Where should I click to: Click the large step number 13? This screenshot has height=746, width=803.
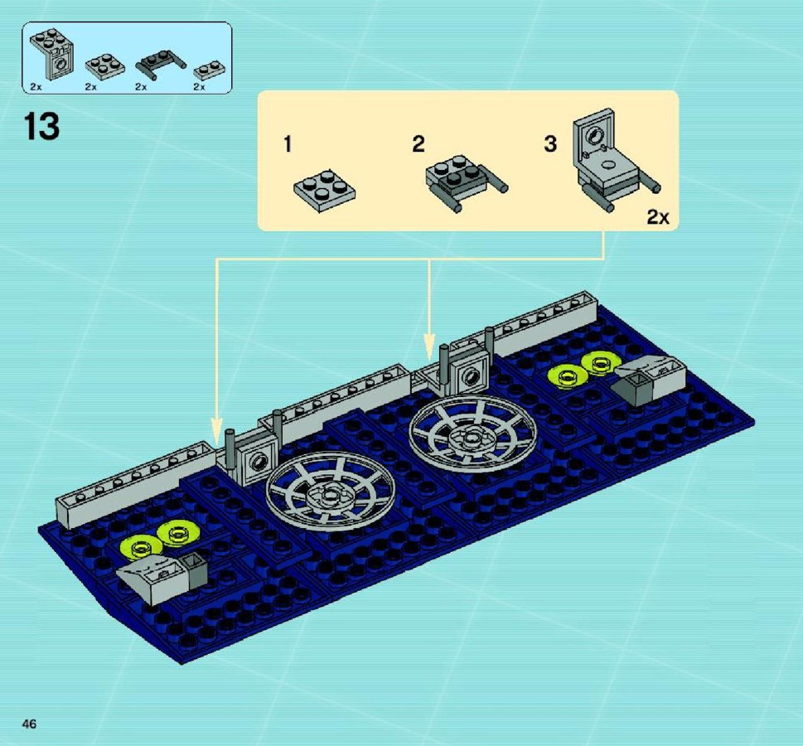41,127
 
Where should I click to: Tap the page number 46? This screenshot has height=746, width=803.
29,724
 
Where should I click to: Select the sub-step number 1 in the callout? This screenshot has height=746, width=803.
288,144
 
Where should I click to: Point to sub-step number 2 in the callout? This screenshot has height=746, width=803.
418,144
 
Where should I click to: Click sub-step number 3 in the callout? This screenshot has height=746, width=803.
550,144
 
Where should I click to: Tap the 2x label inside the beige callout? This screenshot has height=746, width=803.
657,217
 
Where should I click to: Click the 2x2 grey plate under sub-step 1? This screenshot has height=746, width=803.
325,191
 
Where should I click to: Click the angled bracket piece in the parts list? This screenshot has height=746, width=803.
52,55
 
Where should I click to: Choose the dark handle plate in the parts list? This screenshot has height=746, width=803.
161,64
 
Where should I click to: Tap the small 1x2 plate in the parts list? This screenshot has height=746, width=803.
210,70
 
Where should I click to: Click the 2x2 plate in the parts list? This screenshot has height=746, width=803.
105,66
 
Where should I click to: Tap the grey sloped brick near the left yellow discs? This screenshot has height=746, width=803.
162,576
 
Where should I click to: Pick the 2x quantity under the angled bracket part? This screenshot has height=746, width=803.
36,87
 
